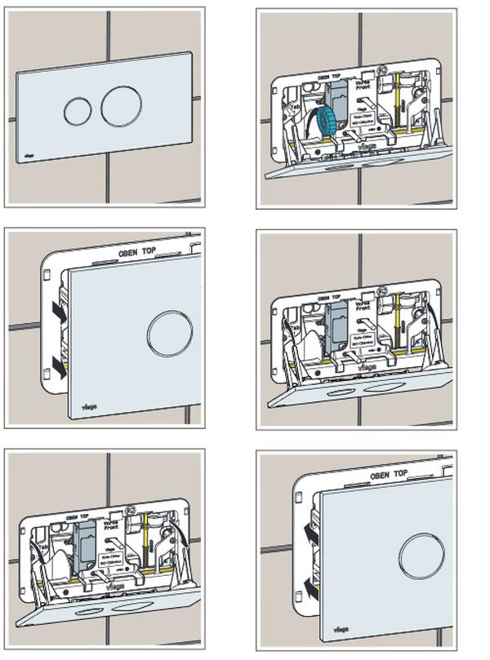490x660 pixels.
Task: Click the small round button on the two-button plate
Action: [x=78, y=111]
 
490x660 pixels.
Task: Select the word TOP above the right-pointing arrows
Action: [x=153, y=250]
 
